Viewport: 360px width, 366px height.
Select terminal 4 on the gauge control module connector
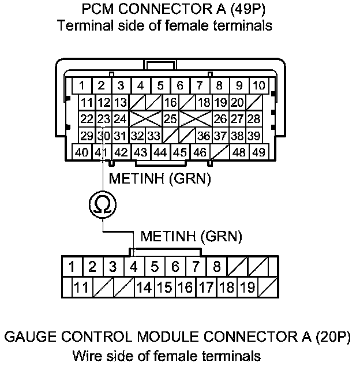[134, 267]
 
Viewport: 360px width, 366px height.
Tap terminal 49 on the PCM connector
[258, 152]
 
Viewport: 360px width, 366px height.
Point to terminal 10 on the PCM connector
[258, 86]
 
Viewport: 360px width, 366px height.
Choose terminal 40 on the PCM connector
[82, 152]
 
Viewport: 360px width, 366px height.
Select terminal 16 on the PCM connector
[170, 103]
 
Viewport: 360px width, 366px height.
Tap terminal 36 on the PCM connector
[202, 136]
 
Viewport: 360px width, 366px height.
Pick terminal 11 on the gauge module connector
[82, 286]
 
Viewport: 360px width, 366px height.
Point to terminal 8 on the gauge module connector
[216, 267]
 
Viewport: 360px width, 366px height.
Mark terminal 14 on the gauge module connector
[144, 286]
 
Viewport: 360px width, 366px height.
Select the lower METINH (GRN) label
[191, 236]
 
